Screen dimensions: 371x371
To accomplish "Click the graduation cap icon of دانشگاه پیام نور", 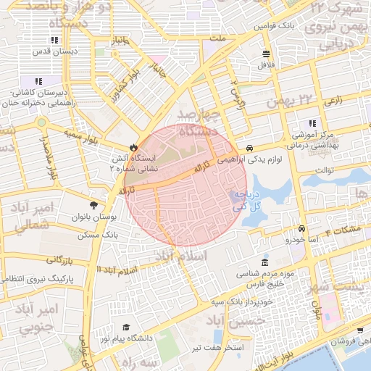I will click(x=127, y=328).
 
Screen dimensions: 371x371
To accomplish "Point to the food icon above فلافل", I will click(x=266, y=54).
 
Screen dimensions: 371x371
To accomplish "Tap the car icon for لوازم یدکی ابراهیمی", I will click(x=249, y=145).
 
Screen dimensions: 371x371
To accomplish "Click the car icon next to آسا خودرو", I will click(x=300, y=228).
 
